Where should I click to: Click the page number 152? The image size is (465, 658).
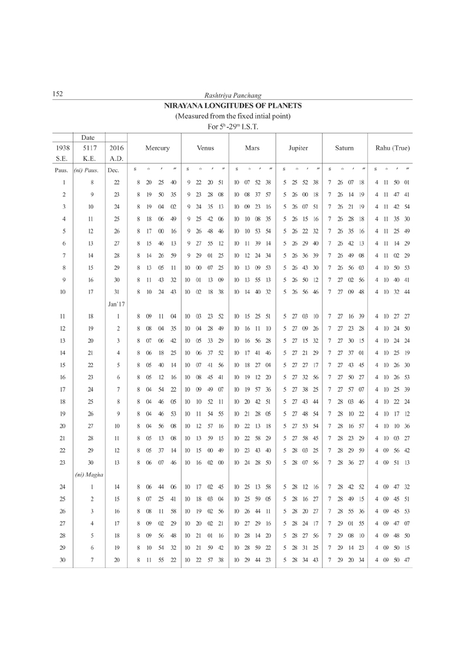(58, 94)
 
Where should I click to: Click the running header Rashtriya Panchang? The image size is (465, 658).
(233, 95)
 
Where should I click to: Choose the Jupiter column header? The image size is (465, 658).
(299, 149)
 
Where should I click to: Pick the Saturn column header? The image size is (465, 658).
(344, 149)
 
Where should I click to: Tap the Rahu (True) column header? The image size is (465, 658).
(393, 149)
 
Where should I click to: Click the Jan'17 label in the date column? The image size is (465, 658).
(115, 304)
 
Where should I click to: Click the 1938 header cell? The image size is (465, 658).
(62, 149)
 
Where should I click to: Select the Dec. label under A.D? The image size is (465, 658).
(113, 170)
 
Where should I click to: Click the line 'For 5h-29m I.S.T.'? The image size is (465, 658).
(233, 126)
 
